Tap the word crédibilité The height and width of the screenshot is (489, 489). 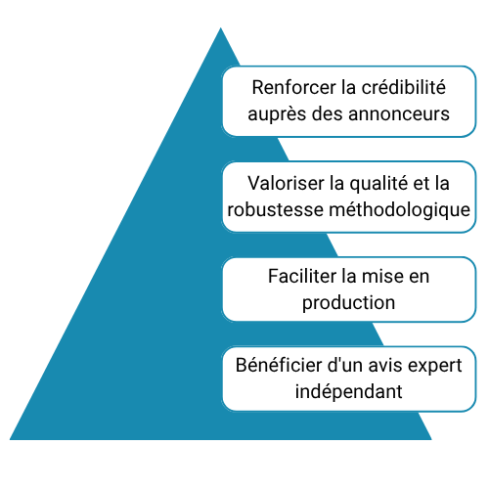click(404, 87)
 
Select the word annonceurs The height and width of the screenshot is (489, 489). click(399, 114)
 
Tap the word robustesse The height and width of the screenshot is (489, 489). click(276, 209)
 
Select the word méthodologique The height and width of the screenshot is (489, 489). click(400, 210)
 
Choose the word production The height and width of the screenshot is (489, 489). click(348, 303)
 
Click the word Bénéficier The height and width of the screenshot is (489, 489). click(279, 365)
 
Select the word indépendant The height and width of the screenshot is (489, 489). click(348, 391)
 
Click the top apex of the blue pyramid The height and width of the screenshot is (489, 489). click(221, 28)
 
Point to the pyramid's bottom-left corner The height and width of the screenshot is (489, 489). click(10, 439)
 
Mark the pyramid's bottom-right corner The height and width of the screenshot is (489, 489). click(431, 439)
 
